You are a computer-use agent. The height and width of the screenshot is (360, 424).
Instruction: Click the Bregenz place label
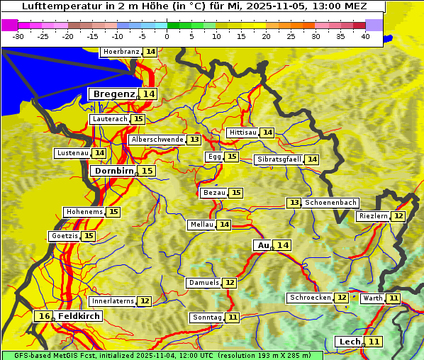(x=113, y=94)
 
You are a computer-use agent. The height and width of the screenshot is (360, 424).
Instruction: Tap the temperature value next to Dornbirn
(x=147, y=171)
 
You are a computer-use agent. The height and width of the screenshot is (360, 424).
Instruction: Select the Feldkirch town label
(x=78, y=316)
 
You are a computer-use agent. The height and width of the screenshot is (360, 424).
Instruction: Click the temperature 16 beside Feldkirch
(x=44, y=316)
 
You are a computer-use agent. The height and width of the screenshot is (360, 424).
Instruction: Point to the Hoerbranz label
(x=121, y=52)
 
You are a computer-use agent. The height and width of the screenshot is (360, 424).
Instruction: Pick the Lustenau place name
(x=72, y=153)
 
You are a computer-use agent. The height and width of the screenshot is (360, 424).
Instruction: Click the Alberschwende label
(x=157, y=140)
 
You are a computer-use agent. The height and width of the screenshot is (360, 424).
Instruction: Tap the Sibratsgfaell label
(x=279, y=159)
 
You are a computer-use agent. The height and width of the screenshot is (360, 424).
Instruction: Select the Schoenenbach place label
(x=330, y=203)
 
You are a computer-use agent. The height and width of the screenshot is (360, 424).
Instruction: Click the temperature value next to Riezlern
(x=398, y=216)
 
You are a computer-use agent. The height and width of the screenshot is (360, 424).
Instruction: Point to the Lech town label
(x=350, y=342)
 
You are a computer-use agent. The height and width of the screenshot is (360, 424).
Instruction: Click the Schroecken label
(x=310, y=298)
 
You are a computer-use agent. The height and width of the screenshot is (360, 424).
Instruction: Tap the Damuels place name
(x=203, y=283)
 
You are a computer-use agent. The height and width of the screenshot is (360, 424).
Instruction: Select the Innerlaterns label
(x=113, y=301)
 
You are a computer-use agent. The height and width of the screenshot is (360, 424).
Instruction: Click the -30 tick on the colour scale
(x=18, y=36)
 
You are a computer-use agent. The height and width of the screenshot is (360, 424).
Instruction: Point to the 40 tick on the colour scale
(x=365, y=36)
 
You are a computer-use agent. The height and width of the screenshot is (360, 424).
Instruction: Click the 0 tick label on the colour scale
(x=167, y=36)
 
